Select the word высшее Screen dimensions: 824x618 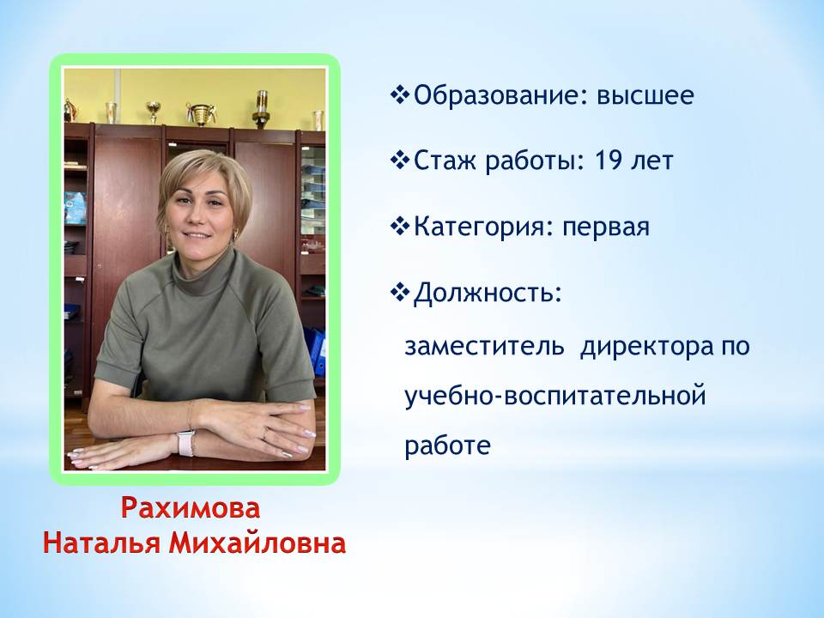coord(645,96)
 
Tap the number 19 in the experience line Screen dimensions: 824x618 coord(609,161)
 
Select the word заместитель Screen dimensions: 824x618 coord(484,347)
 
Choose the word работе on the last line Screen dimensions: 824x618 coord(448,445)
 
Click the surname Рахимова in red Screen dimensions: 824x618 coord(191,508)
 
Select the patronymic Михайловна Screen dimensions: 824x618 coord(257,543)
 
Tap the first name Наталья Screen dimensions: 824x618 coord(101,543)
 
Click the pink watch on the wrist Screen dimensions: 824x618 coord(185,443)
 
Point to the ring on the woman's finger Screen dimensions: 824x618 coord(265,433)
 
